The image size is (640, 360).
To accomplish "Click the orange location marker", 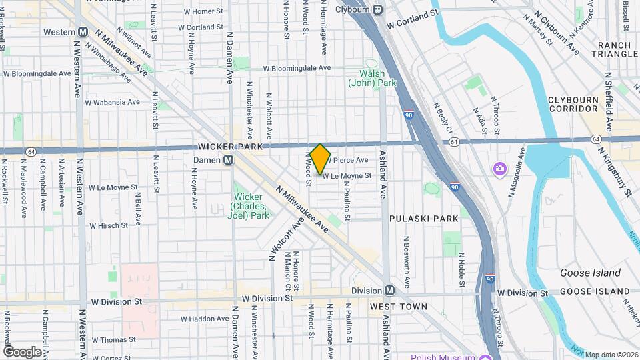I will (x=320, y=159).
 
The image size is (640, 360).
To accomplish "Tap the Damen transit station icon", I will (x=229, y=160).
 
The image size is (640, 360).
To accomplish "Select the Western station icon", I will (x=84, y=31).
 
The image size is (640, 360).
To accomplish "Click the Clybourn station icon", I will (x=377, y=9).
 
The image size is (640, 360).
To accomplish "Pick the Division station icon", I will (x=389, y=290).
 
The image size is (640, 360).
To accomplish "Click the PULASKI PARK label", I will (x=424, y=218).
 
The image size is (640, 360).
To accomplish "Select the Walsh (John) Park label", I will (x=369, y=78).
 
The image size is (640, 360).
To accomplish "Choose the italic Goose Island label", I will (x=590, y=273).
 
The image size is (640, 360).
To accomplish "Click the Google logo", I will (x=22, y=351).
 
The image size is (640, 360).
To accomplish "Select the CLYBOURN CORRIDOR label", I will (x=573, y=104).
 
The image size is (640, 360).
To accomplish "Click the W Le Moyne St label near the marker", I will (x=347, y=175).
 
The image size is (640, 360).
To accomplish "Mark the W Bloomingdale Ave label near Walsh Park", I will (x=297, y=68).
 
